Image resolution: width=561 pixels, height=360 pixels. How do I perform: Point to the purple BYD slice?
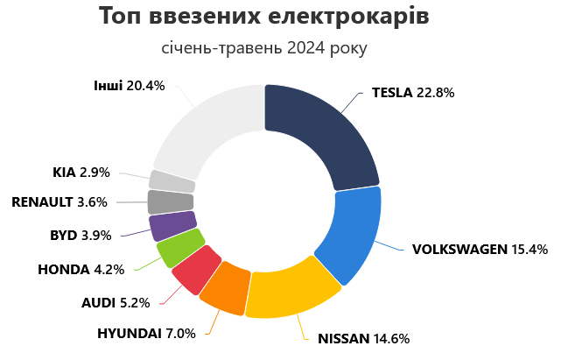coord(172,226)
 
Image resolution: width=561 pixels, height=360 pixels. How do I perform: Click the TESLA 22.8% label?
coord(412,93)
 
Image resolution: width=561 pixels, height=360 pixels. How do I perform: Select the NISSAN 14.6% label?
coord(363,338)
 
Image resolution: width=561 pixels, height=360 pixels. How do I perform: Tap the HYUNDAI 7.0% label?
coord(150,333)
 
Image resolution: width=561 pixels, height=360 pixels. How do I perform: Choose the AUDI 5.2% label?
coord(116,303)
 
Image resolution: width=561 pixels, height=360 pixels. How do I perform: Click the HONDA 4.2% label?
coord(81,269)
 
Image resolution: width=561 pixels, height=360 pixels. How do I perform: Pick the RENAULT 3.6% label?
coord(60,202)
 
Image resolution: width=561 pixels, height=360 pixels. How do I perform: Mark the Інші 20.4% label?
coord(129,85)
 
